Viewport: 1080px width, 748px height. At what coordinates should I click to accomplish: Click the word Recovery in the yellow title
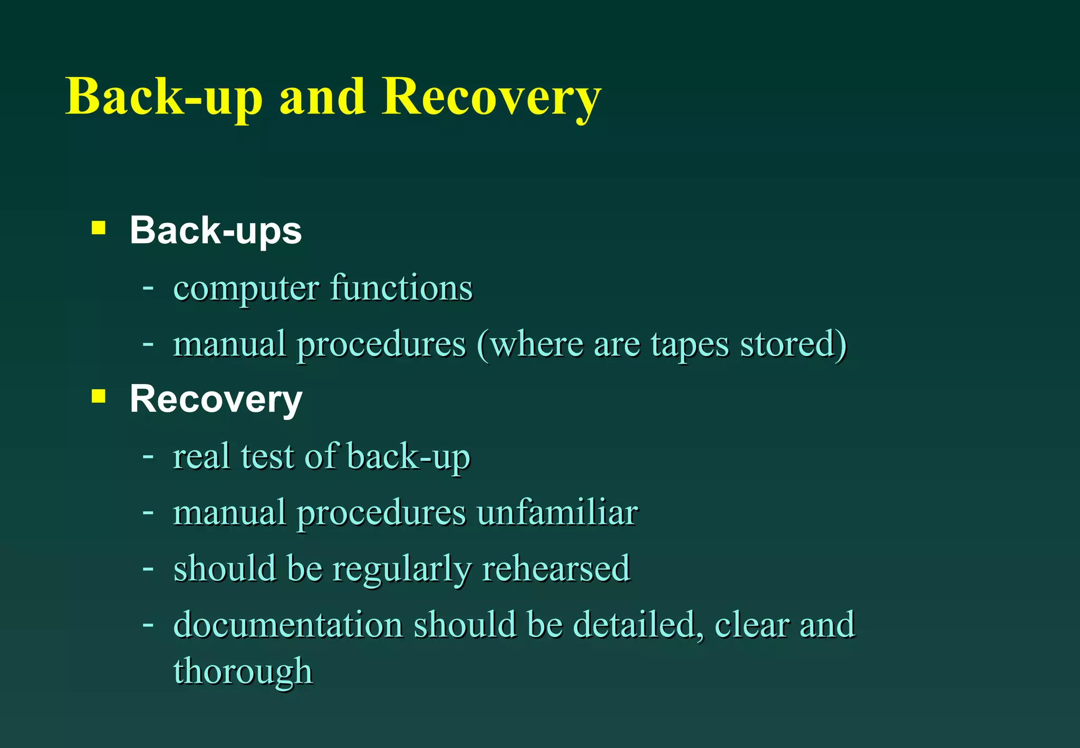pyautogui.click(x=491, y=98)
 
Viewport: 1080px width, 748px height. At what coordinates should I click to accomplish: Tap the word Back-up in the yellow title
pyautogui.click(x=164, y=98)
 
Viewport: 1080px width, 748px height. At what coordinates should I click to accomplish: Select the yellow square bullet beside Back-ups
pyautogui.click(x=99, y=228)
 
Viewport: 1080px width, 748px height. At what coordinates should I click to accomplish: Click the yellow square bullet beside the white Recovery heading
pyautogui.click(x=99, y=396)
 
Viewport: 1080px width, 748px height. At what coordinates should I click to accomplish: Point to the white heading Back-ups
pyautogui.click(x=216, y=231)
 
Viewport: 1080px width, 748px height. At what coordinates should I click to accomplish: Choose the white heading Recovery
pyautogui.click(x=216, y=399)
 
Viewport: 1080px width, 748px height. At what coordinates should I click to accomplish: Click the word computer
pyautogui.click(x=246, y=289)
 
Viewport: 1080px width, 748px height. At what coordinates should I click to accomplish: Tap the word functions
pyautogui.click(x=401, y=288)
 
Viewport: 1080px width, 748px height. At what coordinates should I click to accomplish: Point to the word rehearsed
pyautogui.click(x=556, y=569)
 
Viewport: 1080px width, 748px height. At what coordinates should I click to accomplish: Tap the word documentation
pyautogui.click(x=288, y=625)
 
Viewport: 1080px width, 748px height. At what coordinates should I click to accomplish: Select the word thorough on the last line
pyautogui.click(x=243, y=672)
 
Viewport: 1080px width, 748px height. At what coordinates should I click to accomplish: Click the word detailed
pyautogui.click(x=638, y=625)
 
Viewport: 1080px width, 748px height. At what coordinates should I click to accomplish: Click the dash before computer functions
pyautogui.click(x=148, y=288)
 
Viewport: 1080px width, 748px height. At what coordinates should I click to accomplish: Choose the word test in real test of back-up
pyautogui.click(x=267, y=456)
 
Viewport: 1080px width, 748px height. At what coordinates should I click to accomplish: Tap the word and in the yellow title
pyautogui.click(x=322, y=98)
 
